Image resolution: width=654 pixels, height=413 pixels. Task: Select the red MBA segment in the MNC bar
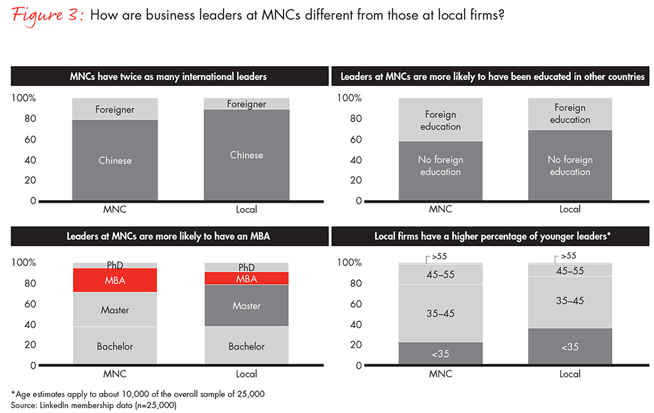click(115, 280)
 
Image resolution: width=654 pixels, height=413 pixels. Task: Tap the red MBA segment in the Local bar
click(246, 279)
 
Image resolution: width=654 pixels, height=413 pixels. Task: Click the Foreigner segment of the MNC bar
click(115, 109)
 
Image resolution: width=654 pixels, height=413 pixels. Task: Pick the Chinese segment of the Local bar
click(246, 155)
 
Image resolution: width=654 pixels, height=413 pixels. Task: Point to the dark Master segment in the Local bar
click(246, 305)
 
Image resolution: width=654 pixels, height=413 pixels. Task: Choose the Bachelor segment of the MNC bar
click(115, 346)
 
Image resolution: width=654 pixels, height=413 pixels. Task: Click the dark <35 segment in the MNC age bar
click(441, 354)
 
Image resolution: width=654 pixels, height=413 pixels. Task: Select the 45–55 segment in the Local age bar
click(570, 271)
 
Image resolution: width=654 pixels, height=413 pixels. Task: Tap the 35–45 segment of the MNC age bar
click(441, 313)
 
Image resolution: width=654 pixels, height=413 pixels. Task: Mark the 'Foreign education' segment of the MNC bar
click(441, 121)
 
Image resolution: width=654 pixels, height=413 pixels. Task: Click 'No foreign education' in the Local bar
click(570, 165)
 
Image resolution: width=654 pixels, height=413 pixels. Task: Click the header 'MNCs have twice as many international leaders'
click(168, 76)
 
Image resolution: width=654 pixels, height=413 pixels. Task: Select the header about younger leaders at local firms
click(492, 236)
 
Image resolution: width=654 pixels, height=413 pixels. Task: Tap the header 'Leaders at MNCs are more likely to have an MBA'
click(168, 236)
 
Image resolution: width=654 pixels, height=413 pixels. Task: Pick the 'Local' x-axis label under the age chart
click(570, 374)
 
